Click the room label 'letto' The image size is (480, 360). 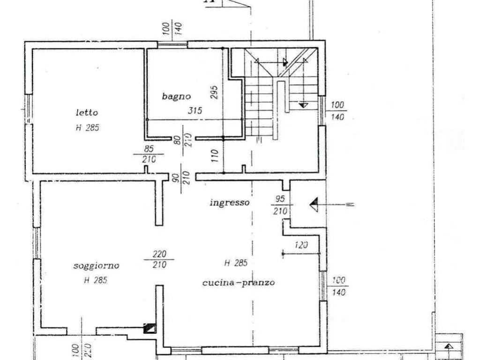tap(87, 112)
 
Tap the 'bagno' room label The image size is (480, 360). tap(177, 97)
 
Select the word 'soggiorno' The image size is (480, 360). tap(96, 266)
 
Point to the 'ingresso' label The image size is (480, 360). tap(229, 202)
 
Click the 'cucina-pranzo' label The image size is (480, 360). tap(238, 283)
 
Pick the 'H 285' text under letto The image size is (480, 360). tap(87, 127)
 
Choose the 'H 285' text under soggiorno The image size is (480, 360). tap(96, 280)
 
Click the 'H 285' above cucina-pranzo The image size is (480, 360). tap(235, 263)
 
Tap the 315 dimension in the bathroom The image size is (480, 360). tap(195, 111)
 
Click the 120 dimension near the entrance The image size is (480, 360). tap(301, 245)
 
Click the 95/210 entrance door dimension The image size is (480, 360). tap(280, 205)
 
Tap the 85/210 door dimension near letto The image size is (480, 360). tap(149, 155)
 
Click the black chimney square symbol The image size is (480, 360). tap(149, 329)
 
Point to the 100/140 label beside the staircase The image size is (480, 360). tap(338, 111)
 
